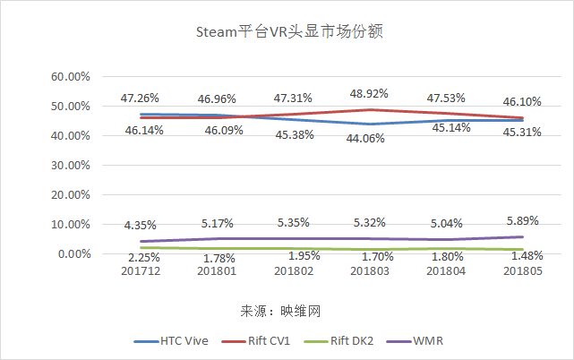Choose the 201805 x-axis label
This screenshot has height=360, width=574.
pos(520,270)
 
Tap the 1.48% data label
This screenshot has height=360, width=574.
pos(521,256)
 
